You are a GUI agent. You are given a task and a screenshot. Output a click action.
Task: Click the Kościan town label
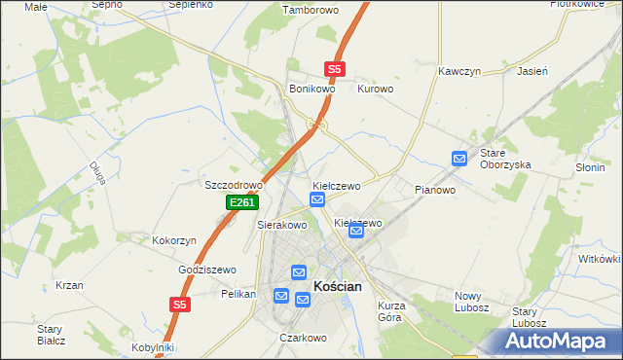click(x=338, y=286)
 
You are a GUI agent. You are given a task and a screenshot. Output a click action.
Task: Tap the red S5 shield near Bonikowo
click(x=335, y=69)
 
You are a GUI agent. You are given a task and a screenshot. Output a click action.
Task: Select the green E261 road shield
click(x=242, y=202)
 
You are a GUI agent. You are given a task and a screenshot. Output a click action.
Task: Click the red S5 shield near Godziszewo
click(x=178, y=305)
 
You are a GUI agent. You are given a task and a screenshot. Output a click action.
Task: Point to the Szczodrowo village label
click(x=234, y=185)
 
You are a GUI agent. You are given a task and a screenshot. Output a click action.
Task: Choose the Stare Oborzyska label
click(x=505, y=159)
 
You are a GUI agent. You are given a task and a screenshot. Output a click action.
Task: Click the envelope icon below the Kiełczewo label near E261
click(x=317, y=199)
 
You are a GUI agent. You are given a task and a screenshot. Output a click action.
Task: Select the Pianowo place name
click(x=435, y=190)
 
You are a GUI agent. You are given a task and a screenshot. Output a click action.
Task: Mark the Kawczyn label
click(x=460, y=72)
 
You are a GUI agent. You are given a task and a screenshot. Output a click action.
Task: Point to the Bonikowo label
click(x=312, y=89)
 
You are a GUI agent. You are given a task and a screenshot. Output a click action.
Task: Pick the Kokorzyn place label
click(x=174, y=239)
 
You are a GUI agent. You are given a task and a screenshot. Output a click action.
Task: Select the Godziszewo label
click(x=207, y=270)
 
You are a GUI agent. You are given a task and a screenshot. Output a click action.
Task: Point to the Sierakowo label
click(x=281, y=225)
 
